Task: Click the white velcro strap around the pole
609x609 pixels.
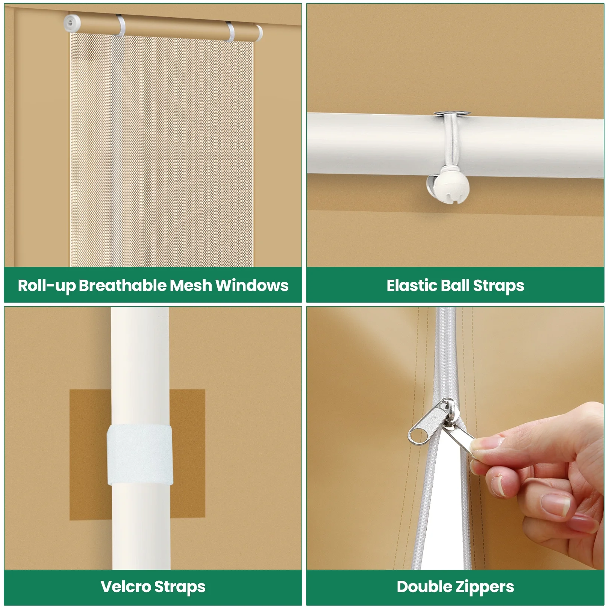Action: pos(140,455)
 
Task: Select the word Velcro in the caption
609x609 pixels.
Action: pos(126,586)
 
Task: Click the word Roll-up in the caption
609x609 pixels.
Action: pos(47,286)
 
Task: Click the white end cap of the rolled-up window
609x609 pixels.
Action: pos(72,22)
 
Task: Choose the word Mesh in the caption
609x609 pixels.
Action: pos(191,285)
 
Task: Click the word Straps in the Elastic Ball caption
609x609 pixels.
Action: pos(498,286)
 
